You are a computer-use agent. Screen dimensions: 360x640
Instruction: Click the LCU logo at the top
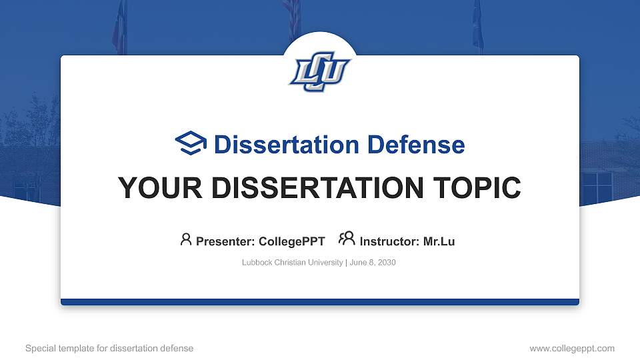click(320, 71)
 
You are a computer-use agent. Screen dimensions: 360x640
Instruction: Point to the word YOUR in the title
click(152, 188)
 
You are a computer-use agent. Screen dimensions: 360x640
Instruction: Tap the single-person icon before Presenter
click(186, 239)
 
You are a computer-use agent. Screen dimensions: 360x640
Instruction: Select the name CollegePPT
click(292, 241)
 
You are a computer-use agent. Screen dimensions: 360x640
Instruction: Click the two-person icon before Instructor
click(347, 239)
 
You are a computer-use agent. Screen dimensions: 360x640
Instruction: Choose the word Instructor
click(389, 241)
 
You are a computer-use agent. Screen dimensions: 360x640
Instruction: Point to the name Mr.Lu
click(439, 241)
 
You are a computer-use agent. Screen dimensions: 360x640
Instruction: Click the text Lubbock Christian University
click(292, 263)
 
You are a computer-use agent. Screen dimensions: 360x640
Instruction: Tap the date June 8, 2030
click(372, 263)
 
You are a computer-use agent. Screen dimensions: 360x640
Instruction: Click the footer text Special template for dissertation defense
click(109, 348)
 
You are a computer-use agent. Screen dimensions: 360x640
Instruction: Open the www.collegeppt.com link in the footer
click(572, 348)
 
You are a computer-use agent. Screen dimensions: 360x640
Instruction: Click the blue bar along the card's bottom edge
click(320, 302)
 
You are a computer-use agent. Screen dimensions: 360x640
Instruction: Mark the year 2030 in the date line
click(386, 263)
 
